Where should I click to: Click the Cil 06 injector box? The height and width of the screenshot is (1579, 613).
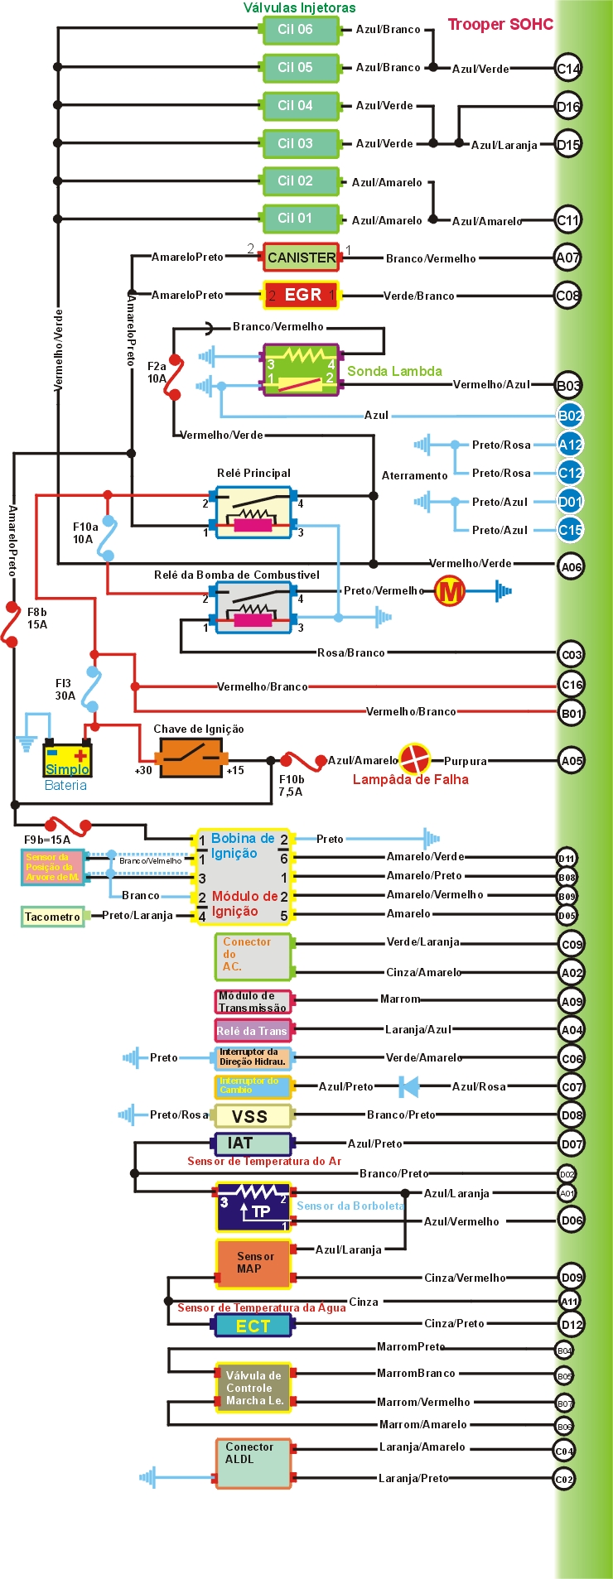pos(300,30)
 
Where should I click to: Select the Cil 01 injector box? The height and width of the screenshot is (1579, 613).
pos(300,219)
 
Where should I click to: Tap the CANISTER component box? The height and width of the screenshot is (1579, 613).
pos(302,258)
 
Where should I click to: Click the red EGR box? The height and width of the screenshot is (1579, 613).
pos(302,295)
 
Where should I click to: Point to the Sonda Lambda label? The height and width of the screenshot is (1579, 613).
pos(394,371)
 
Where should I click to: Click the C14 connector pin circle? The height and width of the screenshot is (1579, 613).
pos(568,69)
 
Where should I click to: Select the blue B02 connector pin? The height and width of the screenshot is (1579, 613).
pos(570,416)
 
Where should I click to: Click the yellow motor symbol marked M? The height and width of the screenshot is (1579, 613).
pos(451,591)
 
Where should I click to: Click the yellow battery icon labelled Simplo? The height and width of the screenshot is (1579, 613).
pos(67,758)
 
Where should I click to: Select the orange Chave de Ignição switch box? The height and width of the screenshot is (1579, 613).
pos(191,757)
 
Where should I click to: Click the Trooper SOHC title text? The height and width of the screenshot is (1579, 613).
pos(500,24)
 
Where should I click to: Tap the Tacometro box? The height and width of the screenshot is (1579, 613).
pos(52,917)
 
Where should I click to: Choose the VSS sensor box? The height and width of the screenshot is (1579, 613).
pos(252,1115)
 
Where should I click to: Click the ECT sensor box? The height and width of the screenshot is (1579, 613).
pos(253,1326)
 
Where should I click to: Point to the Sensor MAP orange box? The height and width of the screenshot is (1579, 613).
pos(253,1264)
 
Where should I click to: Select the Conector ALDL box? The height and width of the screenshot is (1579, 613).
pos(253,1463)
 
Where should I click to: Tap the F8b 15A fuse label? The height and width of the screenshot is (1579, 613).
pos(37,619)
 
